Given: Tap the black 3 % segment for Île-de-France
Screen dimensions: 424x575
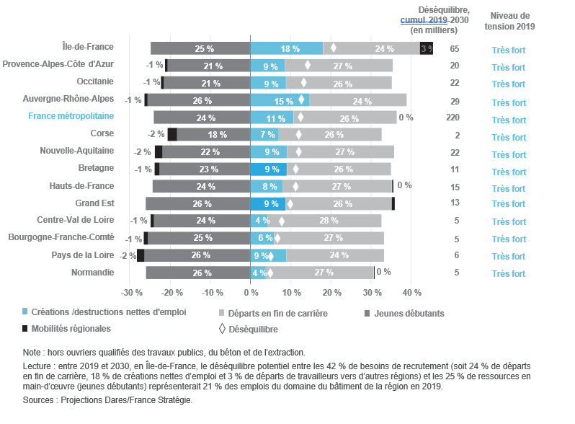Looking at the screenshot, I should point(427,48).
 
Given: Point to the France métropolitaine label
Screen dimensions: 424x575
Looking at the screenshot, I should point(71,116).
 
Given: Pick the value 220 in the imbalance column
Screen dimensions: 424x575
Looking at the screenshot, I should point(454,118).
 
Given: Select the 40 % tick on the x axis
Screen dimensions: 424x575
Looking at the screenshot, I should point(411,293).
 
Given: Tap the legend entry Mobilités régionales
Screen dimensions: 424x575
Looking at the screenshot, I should point(71,328).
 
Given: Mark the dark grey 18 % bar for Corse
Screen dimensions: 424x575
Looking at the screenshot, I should point(213,134).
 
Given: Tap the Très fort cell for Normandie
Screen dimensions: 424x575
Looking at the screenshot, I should point(509,273).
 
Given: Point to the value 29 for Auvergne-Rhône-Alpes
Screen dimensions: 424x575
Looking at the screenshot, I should point(454,102).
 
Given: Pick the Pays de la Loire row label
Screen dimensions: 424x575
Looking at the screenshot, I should point(83,255).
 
